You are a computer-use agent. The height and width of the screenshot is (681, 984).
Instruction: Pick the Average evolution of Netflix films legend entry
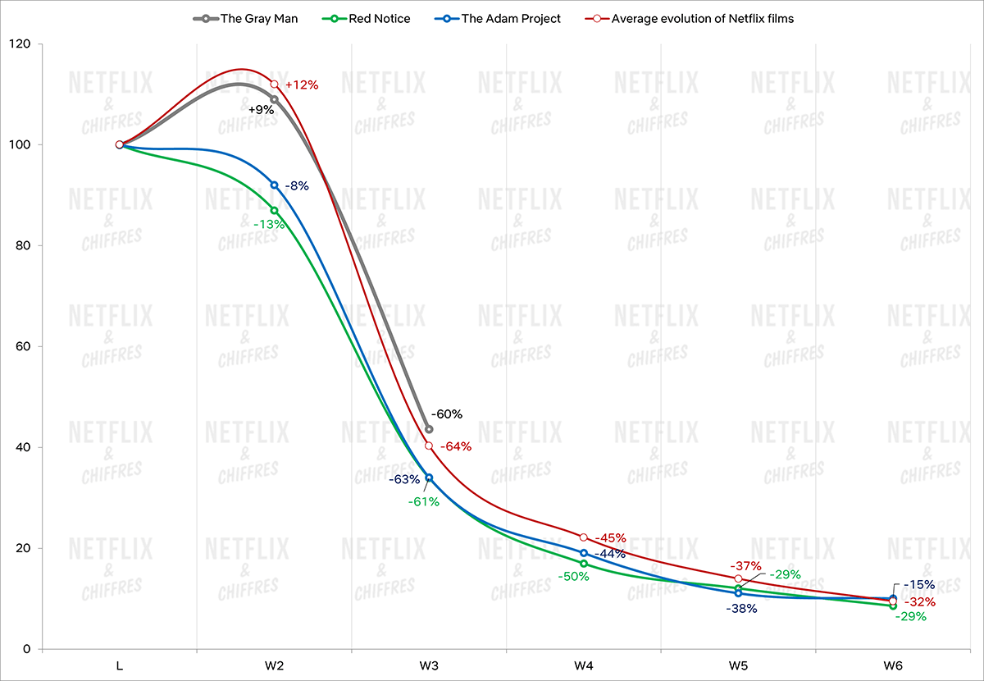click(x=702, y=18)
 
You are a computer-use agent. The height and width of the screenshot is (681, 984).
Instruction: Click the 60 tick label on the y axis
click(x=23, y=346)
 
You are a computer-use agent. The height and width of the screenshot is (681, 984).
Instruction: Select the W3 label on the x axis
click(x=429, y=666)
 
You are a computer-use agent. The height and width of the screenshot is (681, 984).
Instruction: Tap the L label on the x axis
click(x=120, y=666)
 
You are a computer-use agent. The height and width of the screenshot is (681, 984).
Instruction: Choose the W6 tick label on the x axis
click(x=893, y=666)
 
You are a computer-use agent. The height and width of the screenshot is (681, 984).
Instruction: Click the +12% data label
click(x=301, y=85)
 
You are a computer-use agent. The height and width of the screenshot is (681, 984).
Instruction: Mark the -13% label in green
click(x=268, y=224)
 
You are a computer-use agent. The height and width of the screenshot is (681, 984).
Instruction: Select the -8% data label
click(x=297, y=186)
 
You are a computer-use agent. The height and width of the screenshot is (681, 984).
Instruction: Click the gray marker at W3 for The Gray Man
click(x=429, y=429)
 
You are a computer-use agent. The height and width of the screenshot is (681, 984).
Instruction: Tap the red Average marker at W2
click(x=274, y=85)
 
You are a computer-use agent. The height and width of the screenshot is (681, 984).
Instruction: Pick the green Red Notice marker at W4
click(x=584, y=564)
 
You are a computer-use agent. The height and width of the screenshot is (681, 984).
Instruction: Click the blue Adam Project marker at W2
click(x=274, y=185)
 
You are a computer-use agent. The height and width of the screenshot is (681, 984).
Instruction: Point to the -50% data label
click(x=573, y=577)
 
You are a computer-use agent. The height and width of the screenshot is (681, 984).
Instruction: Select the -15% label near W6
click(x=920, y=586)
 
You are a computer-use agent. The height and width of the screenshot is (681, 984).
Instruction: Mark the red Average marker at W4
click(x=584, y=537)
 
